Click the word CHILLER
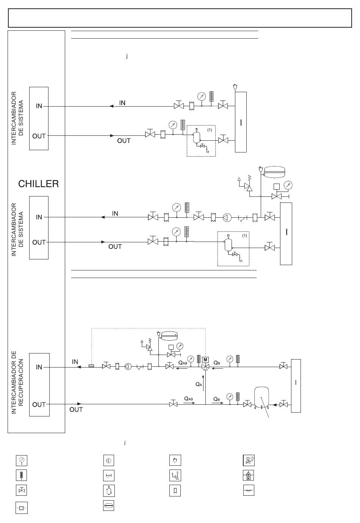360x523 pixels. tap(39, 184)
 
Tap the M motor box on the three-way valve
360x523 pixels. tap(205, 360)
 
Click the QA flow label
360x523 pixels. tap(199, 384)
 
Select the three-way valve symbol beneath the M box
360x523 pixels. tap(205, 367)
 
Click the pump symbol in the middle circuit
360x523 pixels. tap(227, 218)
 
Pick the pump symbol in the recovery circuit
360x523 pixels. tap(128, 367)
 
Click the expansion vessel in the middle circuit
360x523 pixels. tap(274, 172)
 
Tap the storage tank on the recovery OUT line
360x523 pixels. tap(261, 397)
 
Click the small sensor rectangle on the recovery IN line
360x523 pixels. tap(91, 366)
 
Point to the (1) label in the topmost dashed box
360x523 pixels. tap(210, 130)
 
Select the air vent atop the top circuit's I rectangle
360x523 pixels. tap(235, 87)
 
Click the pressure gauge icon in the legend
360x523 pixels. tap(22, 460)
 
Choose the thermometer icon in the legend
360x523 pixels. tap(22, 475)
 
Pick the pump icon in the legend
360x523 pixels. tap(109, 461)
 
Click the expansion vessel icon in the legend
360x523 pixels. tap(109, 506)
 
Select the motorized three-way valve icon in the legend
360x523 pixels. tap(249, 475)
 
